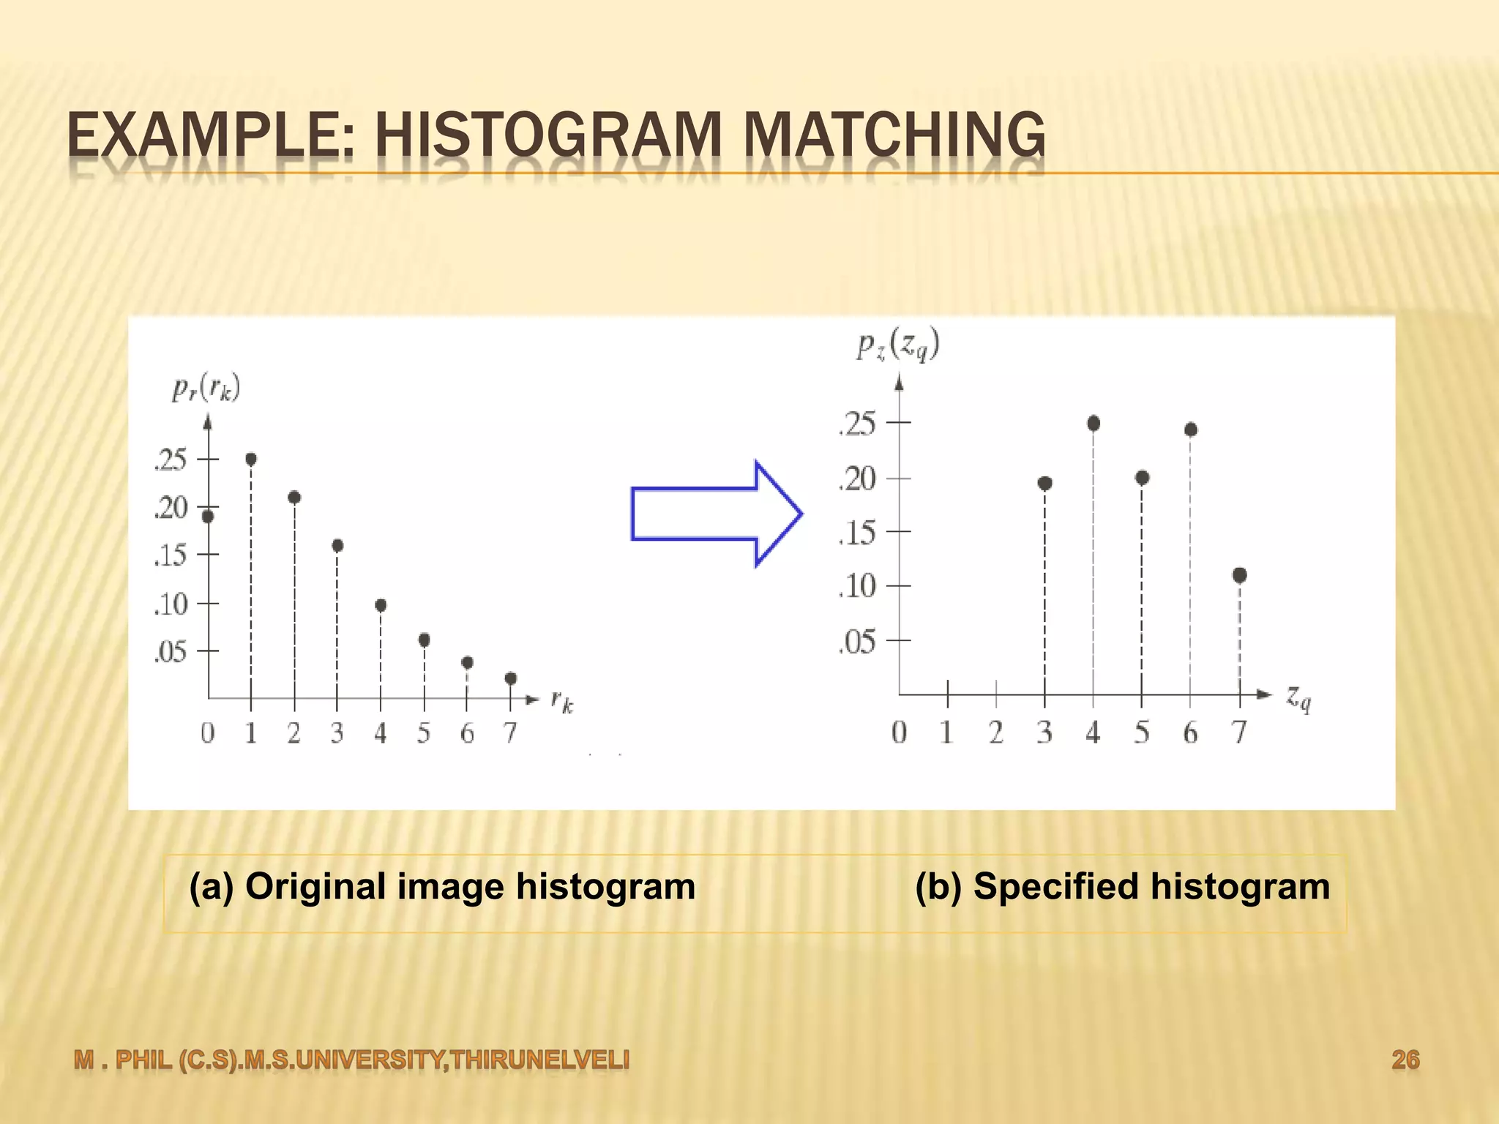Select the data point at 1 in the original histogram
pyautogui.click(x=251, y=460)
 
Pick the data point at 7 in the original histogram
pyautogui.click(x=511, y=678)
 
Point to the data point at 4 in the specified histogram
pyautogui.click(x=1094, y=423)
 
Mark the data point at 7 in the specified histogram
pyautogui.click(x=1239, y=575)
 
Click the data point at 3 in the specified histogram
pyautogui.click(x=1044, y=483)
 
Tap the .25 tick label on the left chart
pyautogui.click(x=171, y=460)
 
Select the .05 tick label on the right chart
pyautogui.click(x=857, y=642)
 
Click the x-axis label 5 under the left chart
pyautogui.click(x=424, y=733)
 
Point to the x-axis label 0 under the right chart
pyautogui.click(x=899, y=732)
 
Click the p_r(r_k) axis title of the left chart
pyautogui.click(x=206, y=388)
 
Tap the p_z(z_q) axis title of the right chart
pyautogui.click(x=898, y=344)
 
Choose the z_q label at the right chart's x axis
pyautogui.click(x=1299, y=698)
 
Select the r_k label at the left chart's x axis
pyautogui.click(x=562, y=702)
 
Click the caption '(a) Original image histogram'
pyautogui.click(x=442, y=887)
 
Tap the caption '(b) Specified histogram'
pyautogui.click(x=1122, y=887)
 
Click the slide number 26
pyautogui.click(x=1405, y=1060)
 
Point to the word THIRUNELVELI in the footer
pyautogui.click(x=539, y=1060)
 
